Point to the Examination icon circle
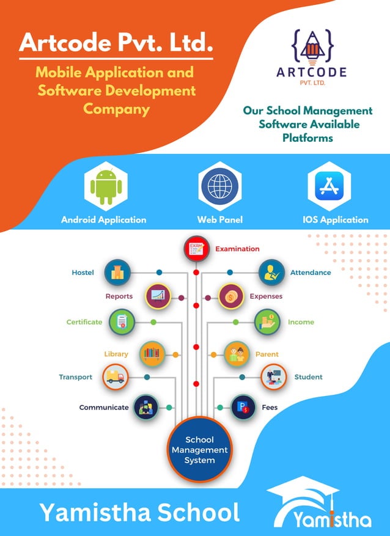[196, 249]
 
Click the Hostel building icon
[117, 273]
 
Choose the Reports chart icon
[158, 296]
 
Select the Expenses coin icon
[231, 297]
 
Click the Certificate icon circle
[122, 321]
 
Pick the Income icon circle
[267, 321]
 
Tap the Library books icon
[152, 353]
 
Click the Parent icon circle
[236, 353]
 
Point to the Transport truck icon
[116, 377]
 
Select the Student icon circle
[273, 377]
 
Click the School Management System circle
[199, 449]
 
